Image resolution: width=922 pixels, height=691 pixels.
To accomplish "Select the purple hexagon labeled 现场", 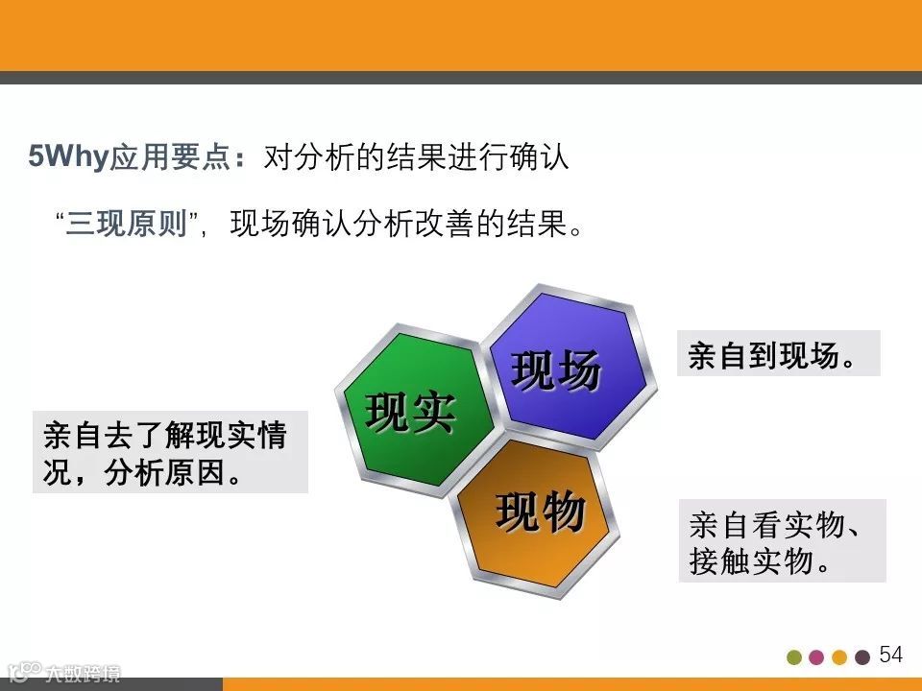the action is (x=570, y=367).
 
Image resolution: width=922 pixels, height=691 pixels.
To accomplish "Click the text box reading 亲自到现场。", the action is (x=779, y=353).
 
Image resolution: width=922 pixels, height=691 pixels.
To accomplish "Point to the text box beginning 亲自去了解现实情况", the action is (x=171, y=452).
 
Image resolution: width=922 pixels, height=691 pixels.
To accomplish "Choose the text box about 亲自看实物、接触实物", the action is (x=782, y=541).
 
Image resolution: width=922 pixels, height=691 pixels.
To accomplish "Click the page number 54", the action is (x=891, y=655).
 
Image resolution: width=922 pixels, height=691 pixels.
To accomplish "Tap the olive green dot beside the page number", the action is (x=794, y=657).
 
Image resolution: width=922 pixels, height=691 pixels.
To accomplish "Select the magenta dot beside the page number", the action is (x=816, y=657).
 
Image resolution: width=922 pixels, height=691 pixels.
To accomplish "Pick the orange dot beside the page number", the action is (x=839, y=657).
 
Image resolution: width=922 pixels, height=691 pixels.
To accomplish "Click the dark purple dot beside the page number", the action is (x=862, y=657).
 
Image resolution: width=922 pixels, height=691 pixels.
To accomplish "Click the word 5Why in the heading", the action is (x=69, y=156).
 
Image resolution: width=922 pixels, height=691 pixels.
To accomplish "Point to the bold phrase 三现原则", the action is (x=127, y=224).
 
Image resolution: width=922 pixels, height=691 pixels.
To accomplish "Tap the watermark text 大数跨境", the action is (x=83, y=674).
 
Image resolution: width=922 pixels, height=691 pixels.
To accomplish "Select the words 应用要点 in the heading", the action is (x=171, y=156).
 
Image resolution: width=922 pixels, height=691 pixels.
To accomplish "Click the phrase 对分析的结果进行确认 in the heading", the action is (x=416, y=156).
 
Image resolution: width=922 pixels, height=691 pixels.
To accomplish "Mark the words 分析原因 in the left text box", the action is (x=165, y=472).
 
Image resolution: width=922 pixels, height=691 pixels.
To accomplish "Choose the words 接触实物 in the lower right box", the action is (x=751, y=561).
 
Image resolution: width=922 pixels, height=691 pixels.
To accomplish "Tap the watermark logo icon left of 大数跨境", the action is (x=24, y=672).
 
